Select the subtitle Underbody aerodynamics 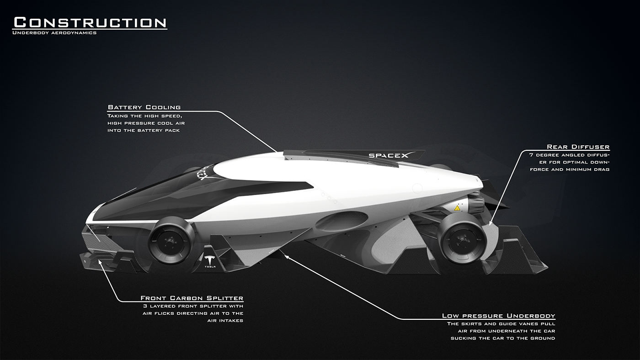(55, 33)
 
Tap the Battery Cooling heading (144, 107)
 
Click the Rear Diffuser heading (578, 147)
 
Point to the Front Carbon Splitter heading (192, 298)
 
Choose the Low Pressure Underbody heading (498, 316)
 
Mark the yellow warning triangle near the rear (456, 208)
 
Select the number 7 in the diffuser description (531, 155)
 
